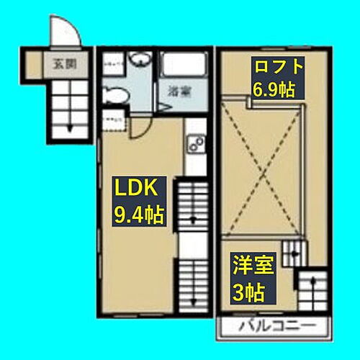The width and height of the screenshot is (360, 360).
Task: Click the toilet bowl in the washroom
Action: [x=115, y=94]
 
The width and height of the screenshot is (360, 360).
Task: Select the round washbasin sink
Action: [x=140, y=62]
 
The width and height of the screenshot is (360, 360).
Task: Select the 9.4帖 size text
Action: [x=138, y=214]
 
